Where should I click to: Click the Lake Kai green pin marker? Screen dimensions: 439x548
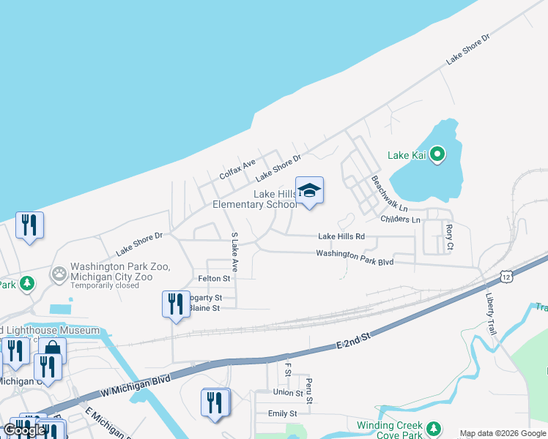437,154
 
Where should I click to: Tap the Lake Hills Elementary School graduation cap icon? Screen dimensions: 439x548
309,192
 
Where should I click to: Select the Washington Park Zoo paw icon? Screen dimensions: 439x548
59,274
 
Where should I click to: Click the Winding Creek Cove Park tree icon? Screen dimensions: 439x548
434,428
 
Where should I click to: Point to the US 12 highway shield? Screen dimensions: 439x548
506,276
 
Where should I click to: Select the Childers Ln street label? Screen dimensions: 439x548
400,219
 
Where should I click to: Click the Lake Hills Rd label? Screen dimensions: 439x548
341,236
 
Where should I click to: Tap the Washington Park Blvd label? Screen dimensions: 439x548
355,257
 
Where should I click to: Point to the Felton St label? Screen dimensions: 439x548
214,279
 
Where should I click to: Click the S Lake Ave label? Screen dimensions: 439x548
235,252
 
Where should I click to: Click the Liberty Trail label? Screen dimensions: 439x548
491,315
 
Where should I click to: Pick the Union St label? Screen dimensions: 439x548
288,393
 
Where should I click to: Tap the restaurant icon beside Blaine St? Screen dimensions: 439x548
175,304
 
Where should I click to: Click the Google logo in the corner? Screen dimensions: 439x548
24,430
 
